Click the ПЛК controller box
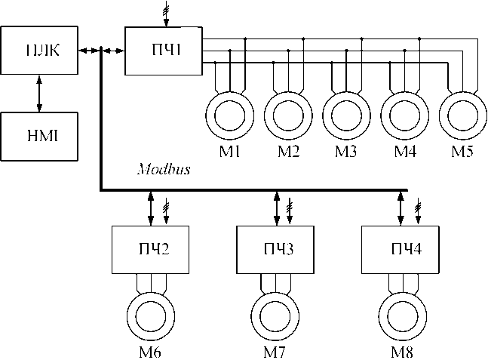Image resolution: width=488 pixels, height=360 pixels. pos(38,51)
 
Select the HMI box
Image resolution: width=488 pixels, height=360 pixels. pos(38,136)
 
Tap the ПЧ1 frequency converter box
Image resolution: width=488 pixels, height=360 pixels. pos(163,51)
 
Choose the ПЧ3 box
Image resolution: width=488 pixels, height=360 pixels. pos(275,251)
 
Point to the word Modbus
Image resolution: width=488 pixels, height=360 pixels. pos(163,171)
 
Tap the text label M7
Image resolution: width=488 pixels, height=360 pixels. pos(275,352)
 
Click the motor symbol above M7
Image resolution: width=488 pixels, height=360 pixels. pos(275,315)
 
